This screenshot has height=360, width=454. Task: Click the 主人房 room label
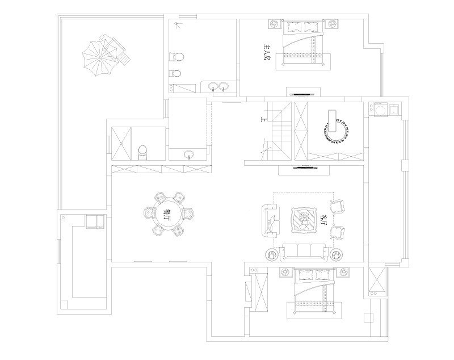266,52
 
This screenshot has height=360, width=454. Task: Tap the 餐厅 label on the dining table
167,214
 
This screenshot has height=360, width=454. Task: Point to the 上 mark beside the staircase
263,119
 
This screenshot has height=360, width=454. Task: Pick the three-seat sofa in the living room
304,251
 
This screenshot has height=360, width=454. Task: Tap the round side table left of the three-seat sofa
272,254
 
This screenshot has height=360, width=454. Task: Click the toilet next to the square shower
142,153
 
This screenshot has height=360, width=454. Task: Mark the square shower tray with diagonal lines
121,143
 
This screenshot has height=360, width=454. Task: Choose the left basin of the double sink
213,86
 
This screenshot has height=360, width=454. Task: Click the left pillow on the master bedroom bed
295,27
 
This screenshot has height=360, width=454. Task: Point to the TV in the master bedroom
303,94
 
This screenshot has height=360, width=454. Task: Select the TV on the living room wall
304,167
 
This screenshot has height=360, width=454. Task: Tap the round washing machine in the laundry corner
379,110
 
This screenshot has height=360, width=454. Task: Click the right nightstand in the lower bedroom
343,272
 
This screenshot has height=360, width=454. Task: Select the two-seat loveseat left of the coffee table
271,220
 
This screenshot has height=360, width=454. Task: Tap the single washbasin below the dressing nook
189,154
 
